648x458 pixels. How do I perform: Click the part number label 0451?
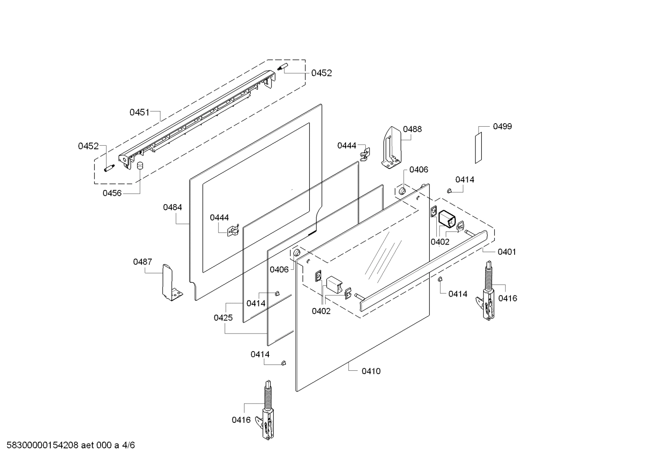[139, 112]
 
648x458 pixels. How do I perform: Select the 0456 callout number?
[112, 193]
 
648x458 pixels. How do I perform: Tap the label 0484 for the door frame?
[173, 207]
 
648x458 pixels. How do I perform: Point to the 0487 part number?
[142, 262]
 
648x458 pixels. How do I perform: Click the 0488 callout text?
[412, 129]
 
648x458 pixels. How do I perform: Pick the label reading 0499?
[502, 126]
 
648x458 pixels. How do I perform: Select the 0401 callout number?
[506, 252]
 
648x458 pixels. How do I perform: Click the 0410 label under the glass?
[371, 371]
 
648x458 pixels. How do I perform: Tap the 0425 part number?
[223, 318]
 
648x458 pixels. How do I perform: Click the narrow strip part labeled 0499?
[479, 147]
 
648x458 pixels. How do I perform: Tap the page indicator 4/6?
[129, 445]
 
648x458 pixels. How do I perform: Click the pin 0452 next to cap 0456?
[109, 168]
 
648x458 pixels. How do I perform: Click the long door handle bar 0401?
[422, 270]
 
